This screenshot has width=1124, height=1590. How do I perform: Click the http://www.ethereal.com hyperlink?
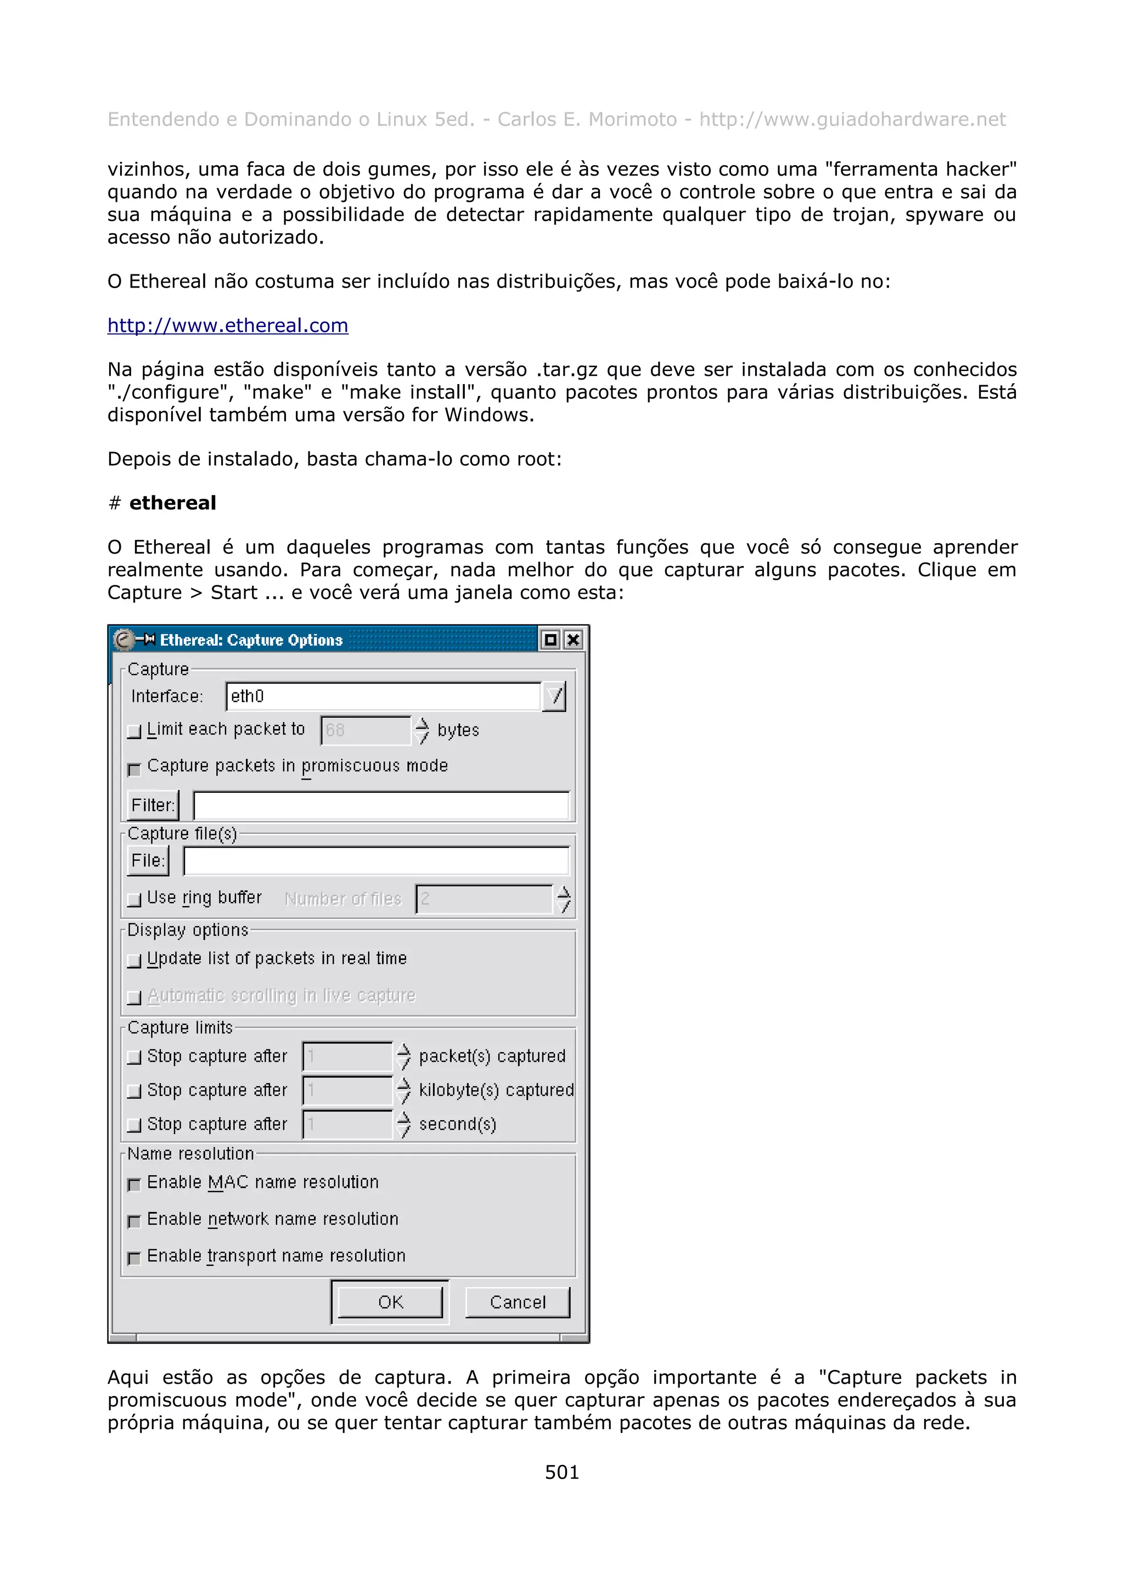(x=227, y=325)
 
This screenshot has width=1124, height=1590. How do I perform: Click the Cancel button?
(x=518, y=1302)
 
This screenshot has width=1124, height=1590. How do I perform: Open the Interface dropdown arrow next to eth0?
(x=554, y=696)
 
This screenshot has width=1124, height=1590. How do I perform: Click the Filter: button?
(x=153, y=805)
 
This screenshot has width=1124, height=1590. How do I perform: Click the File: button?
(x=148, y=861)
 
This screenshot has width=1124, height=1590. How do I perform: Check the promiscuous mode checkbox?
(x=134, y=768)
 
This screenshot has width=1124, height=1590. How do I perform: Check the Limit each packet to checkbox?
(x=134, y=731)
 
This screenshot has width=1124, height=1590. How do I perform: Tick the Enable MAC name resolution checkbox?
(x=134, y=1184)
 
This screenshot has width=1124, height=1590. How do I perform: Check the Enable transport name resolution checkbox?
(x=134, y=1258)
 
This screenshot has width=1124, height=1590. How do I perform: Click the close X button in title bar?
(x=573, y=640)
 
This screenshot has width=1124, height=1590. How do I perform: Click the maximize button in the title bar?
(x=550, y=640)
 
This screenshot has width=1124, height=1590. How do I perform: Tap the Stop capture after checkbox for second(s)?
(x=134, y=1125)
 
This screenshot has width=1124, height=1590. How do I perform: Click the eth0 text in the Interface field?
(x=247, y=696)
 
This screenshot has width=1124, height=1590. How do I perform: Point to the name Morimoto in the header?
(x=632, y=119)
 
